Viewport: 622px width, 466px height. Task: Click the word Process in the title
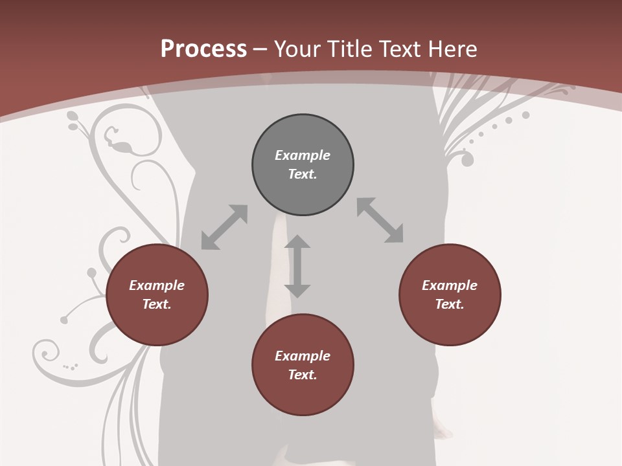point(203,49)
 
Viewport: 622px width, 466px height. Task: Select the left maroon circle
point(157,324)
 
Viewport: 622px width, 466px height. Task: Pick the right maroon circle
point(450,324)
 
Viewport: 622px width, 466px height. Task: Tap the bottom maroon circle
point(303,395)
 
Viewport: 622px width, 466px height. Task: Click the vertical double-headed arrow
point(297,266)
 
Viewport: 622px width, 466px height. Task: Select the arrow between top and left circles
point(224,227)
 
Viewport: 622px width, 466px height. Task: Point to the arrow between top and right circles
point(380,220)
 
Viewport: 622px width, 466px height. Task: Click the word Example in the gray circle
point(303,155)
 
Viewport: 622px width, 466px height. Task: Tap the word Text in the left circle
point(157,304)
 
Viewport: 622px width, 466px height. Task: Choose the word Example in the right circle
point(450,285)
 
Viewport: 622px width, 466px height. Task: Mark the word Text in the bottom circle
point(303,375)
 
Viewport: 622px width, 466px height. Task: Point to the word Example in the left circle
point(157,285)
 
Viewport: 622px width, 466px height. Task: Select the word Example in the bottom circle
point(303,356)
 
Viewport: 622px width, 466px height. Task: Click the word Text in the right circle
point(450,304)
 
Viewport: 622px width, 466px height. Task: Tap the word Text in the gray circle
point(303,174)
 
